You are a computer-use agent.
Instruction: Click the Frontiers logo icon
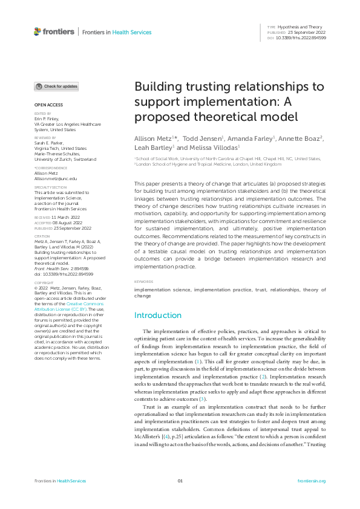(x=38, y=31)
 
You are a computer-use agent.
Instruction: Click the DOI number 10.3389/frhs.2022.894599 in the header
(x=301, y=37)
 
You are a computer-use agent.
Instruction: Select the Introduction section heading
(x=158, y=315)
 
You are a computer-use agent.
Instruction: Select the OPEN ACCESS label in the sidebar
(x=45, y=105)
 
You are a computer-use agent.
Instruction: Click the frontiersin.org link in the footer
(x=312, y=481)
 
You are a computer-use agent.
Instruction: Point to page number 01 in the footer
(x=180, y=481)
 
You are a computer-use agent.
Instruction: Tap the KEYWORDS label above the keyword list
(x=143, y=282)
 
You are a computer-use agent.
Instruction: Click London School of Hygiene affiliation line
(x=209, y=164)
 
